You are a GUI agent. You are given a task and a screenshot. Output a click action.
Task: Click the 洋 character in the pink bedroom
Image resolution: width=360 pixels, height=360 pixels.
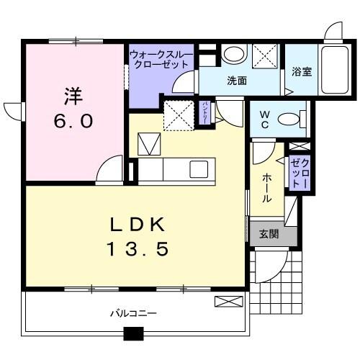tap(71, 94)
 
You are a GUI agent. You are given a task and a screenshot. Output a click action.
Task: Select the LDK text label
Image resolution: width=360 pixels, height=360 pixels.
tap(138, 223)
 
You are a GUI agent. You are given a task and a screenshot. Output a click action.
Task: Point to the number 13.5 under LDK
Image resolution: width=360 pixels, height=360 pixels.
tap(138, 249)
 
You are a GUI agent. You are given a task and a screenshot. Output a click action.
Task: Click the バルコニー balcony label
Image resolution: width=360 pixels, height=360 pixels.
tap(133, 314)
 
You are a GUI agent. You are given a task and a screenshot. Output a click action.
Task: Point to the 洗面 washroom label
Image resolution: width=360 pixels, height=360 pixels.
tap(237, 81)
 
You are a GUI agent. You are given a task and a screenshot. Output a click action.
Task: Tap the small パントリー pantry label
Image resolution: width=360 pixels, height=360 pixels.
tap(204, 114)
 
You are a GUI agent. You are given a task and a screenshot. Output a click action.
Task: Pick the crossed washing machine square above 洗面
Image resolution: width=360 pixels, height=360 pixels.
tap(264, 55)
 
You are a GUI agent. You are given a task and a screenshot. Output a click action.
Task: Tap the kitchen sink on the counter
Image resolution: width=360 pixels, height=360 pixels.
tap(198, 170)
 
